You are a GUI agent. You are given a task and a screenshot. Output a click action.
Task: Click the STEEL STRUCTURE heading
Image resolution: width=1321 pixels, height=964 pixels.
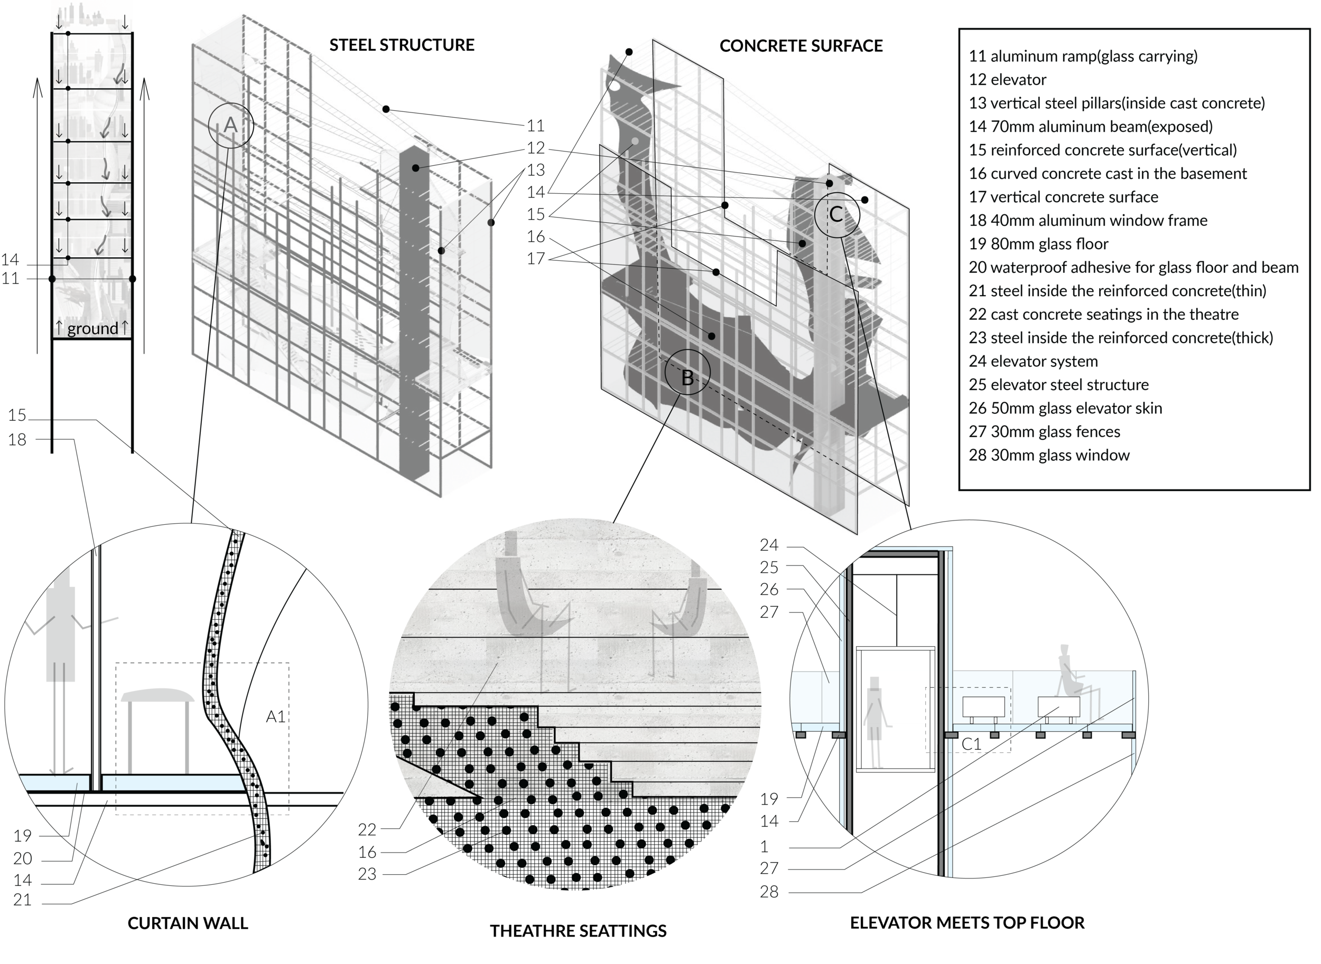[x=402, y=45]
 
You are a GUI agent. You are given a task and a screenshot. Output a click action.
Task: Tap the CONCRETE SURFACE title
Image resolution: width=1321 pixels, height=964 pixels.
[x=801, y=46]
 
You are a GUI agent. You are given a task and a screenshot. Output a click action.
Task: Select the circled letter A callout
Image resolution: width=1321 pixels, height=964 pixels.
[x=231, y=125]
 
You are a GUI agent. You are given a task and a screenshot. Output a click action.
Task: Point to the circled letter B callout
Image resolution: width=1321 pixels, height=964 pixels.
[x=687, y=372]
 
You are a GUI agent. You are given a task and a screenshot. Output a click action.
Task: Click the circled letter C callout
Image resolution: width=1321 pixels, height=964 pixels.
[x=837, y=214]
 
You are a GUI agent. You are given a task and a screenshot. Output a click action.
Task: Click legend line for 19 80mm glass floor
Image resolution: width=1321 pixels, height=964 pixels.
[x=1038, y=244]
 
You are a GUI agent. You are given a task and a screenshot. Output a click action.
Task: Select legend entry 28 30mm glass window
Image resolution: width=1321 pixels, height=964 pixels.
[x=1049, y=455]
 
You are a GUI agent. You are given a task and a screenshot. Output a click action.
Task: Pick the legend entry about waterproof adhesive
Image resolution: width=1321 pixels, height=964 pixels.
[x=1133, y=267]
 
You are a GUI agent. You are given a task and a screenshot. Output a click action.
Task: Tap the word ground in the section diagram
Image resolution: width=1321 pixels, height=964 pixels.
[x=93, y=328]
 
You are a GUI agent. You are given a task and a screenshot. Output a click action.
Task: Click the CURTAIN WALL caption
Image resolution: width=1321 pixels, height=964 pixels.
[x=188, y=923]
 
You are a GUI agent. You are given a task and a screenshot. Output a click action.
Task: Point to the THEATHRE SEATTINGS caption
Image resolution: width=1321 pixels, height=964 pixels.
[x=578, y=931]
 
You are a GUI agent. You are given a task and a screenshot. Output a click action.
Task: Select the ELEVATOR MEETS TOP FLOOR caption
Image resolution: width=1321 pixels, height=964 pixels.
[x=967, y=923]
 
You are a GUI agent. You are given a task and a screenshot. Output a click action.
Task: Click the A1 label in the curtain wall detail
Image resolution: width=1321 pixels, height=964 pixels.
[x=276, y=716]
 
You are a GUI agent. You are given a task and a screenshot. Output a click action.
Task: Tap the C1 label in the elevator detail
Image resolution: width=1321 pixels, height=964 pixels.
[x=971, y=744]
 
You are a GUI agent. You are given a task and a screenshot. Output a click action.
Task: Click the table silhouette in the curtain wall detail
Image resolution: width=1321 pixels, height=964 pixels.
[x=157, y=730]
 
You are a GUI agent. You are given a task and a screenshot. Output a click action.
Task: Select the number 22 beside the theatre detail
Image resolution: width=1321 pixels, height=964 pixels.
[x=367, y=829]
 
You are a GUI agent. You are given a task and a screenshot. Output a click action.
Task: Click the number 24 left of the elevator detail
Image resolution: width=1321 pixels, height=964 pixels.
[x=769, y=545]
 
